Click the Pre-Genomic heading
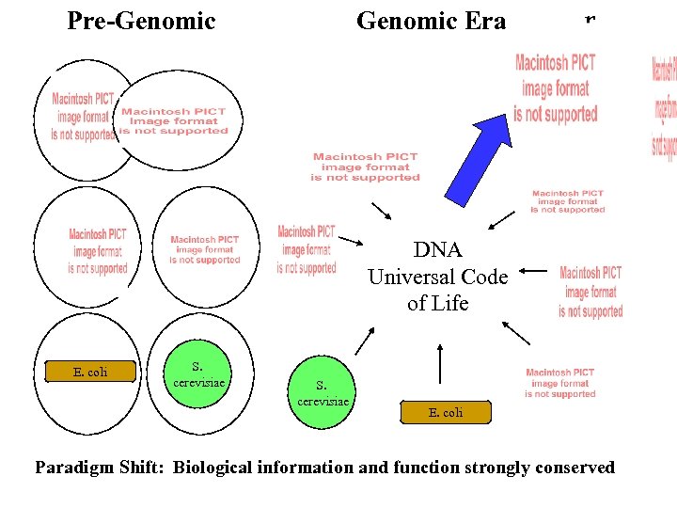point(141,21)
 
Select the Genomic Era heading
point(431,21)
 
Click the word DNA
point(437,250)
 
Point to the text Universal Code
point(437,277)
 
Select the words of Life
point(437,303)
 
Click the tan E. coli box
point(90,372)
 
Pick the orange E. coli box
point(446,412)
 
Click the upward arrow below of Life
point(439,362)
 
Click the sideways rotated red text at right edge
point(664,107)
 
